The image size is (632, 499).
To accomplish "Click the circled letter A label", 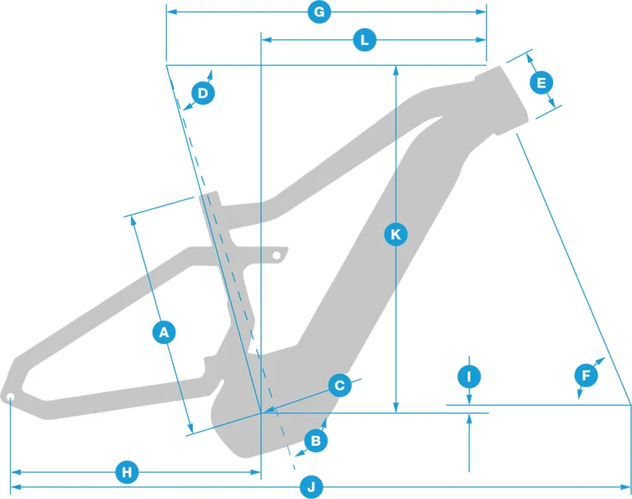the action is (x=164, y=332).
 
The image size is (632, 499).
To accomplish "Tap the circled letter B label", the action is (x=315, y=441).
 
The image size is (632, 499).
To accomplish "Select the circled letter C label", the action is (x=340, y=385).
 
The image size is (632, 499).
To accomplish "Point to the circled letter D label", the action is (x=203, y=93).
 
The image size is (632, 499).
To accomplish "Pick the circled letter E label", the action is (x=541, y=83).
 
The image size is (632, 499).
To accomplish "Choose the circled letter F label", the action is (x=586, y=375).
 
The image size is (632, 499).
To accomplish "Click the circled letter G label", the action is (x=319, y=12).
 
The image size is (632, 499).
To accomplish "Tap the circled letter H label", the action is (x=127, y=472).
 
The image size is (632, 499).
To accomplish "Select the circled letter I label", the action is (x=469, y=377).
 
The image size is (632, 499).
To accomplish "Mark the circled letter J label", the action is (x=311, y=487).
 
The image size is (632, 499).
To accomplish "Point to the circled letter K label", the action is (x=396, y=234).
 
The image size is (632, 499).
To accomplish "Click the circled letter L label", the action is (x=365, y=39).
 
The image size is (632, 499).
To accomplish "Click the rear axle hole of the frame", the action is (x=10, y=397).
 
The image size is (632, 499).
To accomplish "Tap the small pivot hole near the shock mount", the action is (x=276, y=255).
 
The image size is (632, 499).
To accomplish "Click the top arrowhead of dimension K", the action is (x=396, y=70).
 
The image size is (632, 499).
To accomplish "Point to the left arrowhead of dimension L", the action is (x=266, y=39).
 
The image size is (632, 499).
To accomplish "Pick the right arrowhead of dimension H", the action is (x=256, y=472).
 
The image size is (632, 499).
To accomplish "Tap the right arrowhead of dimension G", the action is (x=481, y=12).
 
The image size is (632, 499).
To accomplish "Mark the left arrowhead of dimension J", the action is (x=16, y=487).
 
